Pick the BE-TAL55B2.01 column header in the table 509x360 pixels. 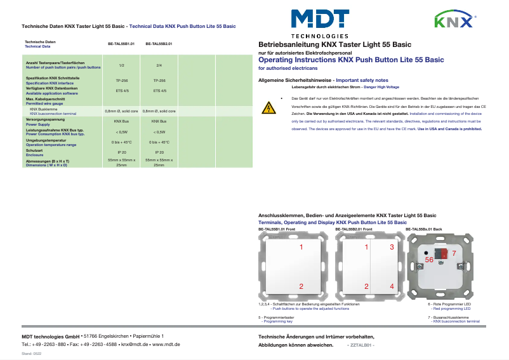click(159, 44)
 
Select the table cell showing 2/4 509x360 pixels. click(159, 65)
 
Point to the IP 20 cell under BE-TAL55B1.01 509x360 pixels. click(122, 153)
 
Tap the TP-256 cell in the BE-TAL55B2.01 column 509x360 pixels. click(159, 81)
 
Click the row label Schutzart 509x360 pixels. click(34, 150)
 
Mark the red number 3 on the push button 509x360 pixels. click(392, 246)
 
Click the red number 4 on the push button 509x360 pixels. click(392, 287)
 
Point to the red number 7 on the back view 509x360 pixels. click(453, 253)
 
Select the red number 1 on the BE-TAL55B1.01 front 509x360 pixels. click(301, 246)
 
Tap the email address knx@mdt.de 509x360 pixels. click(136, 343)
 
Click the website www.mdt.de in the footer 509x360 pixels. click(168, 343)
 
